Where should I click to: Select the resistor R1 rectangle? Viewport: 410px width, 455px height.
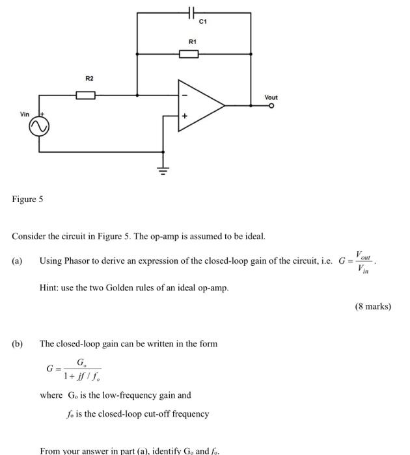(x=189, y=53)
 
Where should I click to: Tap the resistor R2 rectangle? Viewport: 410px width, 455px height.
(x=86, y=95)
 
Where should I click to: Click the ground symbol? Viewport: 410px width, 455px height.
(x=163, y=171)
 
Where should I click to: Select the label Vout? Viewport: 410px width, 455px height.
(x=271, y=97)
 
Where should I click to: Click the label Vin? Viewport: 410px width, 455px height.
(x=25, y=114)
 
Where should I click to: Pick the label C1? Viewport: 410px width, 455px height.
(x=203, y=22)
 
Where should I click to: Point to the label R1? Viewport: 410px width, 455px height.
(x=192, y=42)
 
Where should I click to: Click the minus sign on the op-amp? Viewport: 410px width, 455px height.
(x=184, y=95)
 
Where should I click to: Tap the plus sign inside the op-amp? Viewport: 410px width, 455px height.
(x=184, y=116)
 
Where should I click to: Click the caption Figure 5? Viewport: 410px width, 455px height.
(x=27, y=199)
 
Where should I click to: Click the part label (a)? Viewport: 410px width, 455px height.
(x=17, y=261)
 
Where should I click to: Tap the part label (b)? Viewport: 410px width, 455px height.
(x=17, y=343)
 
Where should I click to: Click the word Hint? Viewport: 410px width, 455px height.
(x=49, y=287)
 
